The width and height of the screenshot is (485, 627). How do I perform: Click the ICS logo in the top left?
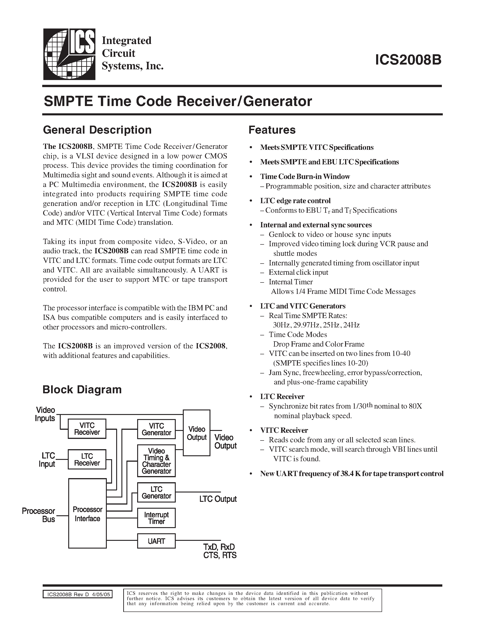pos(69,54)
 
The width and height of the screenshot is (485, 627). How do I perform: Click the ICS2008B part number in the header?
pos(408,60)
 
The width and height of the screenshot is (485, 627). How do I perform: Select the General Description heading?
pos(97,130)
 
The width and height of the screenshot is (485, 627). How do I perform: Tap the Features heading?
pos(272,130)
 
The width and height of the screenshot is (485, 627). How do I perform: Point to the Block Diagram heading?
pos(82,390)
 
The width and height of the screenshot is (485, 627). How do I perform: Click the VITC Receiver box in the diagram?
pos(87,429)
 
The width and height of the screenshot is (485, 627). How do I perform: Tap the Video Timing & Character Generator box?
pos(156,461)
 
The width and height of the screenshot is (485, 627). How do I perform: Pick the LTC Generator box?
pos(156,492)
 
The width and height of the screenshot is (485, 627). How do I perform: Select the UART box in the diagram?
pos(156,541)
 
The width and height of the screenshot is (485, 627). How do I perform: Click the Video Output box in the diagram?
pos(197,433)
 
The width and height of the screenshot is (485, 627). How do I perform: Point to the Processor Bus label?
pos(39,515)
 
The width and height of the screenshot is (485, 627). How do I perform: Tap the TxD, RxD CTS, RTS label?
pos(220,551)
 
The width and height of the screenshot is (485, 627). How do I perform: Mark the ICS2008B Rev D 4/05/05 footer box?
pos(78,594)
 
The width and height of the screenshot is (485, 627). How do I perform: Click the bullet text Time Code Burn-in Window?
pos(305,176)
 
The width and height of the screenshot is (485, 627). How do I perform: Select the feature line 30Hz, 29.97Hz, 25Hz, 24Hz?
pos(316,325)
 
